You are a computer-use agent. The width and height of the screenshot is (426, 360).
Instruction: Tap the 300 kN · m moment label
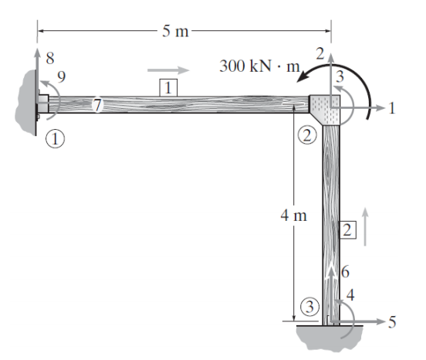pyautogui.click(x=259, y=66)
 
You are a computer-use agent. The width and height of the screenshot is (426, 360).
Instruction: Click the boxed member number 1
pyautogui.click(x=167, y=87)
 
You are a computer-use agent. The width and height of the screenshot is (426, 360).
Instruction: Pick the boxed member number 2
pyautogui.click(x=347, y=229)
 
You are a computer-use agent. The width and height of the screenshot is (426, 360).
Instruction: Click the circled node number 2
pyautogui.click(x=307, y=135)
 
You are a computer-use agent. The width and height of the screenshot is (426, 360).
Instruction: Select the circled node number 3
pyautogui.click(x=310, y=306)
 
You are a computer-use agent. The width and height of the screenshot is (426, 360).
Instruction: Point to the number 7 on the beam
pyautogui.click(x=97, y=107)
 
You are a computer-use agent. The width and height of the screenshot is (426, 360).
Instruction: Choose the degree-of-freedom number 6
pyautogui.click(x=345, y=272)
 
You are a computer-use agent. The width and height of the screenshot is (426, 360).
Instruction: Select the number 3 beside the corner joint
pyautogui.click(x=337, y=76)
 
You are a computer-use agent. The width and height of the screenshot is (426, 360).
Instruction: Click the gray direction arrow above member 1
pyautogui.click(x=167, y=69)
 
